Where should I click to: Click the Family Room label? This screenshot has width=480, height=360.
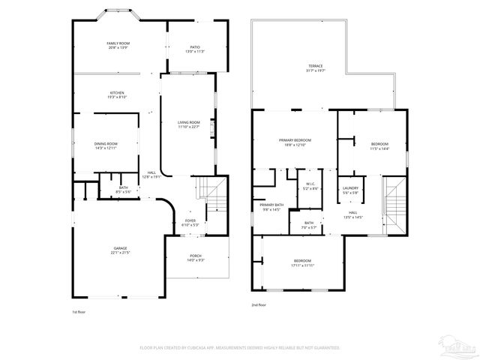click(118, 44)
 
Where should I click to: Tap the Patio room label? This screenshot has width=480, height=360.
click(194, 49)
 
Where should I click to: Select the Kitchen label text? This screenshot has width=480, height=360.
click(118, 92)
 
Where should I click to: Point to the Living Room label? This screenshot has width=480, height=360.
click(188, 122)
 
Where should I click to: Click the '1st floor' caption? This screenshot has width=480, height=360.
click(79, 310)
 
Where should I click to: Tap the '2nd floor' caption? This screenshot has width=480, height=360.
click(259, 304)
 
